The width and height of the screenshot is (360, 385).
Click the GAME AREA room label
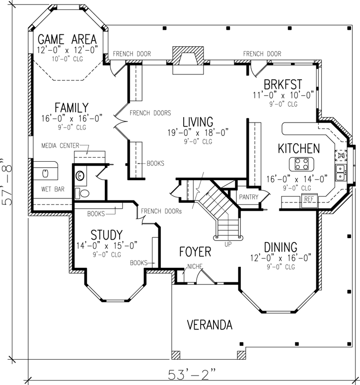[x=67, y=39]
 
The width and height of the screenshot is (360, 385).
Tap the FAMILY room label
[x=72, y=108]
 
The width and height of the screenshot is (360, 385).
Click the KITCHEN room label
[x=298, y=148]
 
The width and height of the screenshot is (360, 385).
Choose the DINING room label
[x=280, y=247]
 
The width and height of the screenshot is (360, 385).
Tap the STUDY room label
[x=106, y=234]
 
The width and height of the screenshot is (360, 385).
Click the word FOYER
[x=195, y=252]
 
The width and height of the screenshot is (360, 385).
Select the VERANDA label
[x=209, y=325]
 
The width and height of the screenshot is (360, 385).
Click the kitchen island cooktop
[x=301, y=163]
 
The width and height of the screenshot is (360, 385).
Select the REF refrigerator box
[x=309, y=199]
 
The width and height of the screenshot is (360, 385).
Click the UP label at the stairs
[x=228, y=245]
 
